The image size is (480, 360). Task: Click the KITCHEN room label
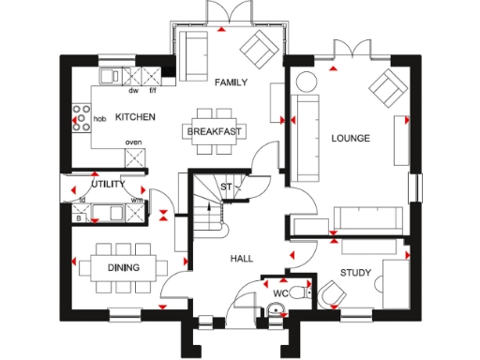tap(135, 117)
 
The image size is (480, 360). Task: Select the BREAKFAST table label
tap(216, 132)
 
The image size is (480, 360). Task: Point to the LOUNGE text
tap(350, 139)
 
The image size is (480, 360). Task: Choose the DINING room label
tap(122, 268)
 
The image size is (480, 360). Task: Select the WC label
tap(280, 293)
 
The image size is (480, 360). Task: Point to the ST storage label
tap(225, 187)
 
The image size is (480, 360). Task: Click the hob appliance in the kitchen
tap(79, 119)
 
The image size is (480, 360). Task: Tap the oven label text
tap(134, 143)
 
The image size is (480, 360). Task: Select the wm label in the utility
tap(136, 200)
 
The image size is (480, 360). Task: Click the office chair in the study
tap(330, 296)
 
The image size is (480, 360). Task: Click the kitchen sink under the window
tap(110, 75)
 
